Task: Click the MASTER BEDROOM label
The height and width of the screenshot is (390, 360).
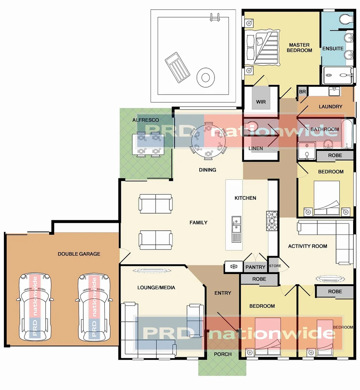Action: [299, 48]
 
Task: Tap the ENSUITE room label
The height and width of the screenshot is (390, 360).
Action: [333, 48]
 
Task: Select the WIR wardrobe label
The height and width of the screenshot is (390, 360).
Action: [261, 102]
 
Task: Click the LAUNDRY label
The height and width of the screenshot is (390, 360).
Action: [330, 107]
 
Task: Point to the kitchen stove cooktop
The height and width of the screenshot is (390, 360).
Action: [272, 221]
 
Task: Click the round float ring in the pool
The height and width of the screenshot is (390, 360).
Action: [205, 77]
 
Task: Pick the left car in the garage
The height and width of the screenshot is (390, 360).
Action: [35, 307]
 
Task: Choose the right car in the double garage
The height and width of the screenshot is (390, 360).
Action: [94, 307]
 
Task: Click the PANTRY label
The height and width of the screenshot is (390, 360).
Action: [255, 267]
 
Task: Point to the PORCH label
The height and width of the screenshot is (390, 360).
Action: [222, 354]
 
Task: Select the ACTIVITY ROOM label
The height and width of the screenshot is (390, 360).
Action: [307, 246]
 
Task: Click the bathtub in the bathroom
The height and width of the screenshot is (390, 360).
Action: [347, 134]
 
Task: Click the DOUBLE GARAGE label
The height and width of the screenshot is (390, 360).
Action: [79, 254]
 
